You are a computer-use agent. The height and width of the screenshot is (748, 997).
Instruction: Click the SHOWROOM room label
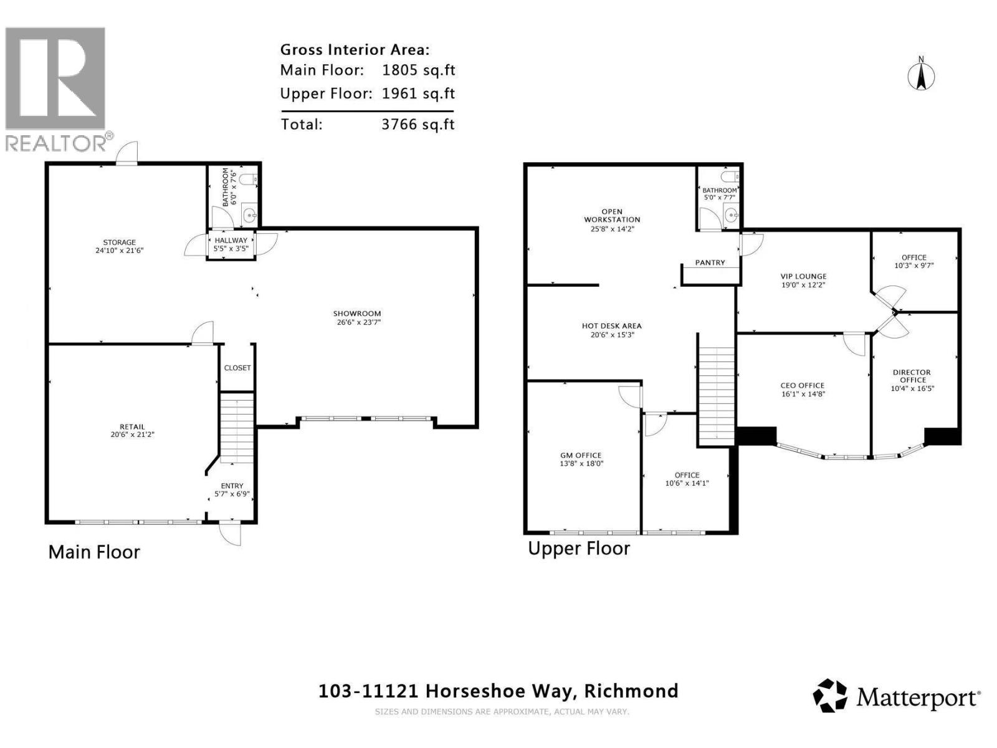coord(356,314)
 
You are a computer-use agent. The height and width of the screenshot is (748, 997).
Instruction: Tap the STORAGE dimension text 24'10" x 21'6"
coord(119,251)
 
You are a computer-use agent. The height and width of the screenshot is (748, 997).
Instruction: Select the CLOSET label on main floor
coord(237,368)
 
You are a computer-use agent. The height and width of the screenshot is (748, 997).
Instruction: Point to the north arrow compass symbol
coord(921,75)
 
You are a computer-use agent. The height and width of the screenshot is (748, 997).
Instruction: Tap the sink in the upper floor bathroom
coord(732,216)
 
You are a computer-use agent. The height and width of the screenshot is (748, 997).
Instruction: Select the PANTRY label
coord(710,262)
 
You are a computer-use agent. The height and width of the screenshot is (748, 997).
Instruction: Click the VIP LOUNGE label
coord(803,276)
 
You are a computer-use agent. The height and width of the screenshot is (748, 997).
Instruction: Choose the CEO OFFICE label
coord(802,385)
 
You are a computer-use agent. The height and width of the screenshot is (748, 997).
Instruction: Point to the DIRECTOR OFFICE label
coord(912,376)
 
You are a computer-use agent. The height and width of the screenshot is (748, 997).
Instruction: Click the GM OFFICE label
coord(581,455)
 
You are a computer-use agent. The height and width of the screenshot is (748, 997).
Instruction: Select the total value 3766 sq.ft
coord(417,124)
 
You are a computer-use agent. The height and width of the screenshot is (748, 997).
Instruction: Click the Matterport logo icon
coord(830,696)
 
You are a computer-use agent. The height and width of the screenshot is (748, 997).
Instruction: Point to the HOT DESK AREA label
coord(611,325)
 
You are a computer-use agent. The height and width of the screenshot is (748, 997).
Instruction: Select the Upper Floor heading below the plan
coord(579,549)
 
